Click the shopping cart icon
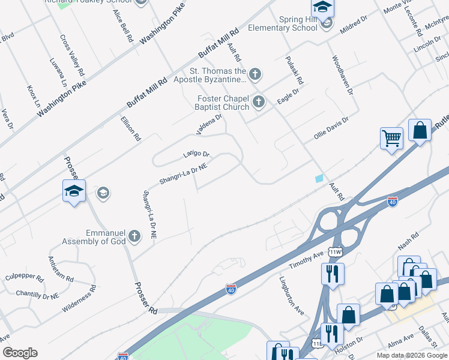391,138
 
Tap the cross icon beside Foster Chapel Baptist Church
259,101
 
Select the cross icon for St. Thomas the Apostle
255,74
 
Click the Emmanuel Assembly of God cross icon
134,235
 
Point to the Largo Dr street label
196,155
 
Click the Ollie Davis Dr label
331,128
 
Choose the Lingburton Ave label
292,295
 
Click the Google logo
20,353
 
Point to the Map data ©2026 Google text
412,355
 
